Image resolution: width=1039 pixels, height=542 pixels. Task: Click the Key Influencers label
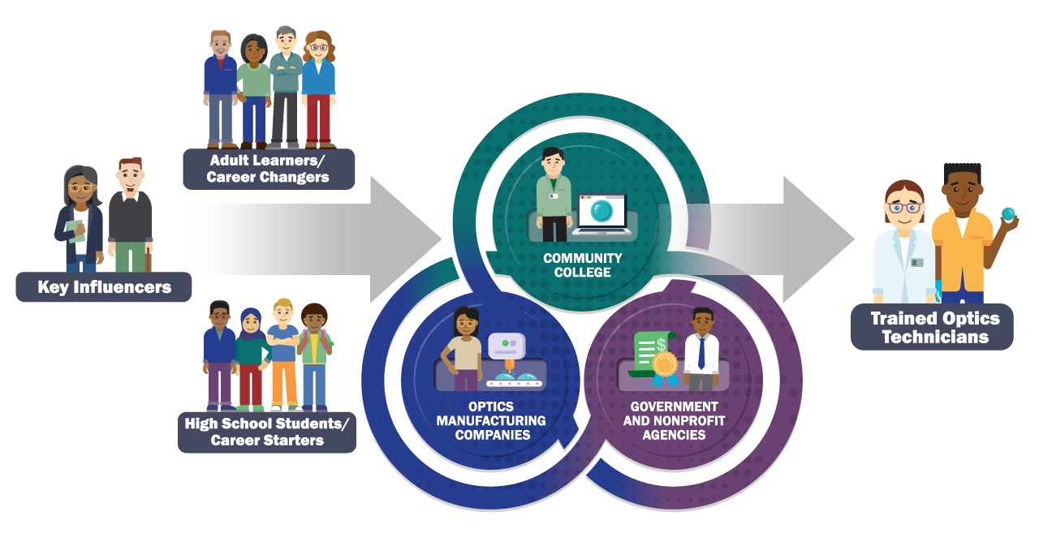pyautogui.click(x=104, y=287)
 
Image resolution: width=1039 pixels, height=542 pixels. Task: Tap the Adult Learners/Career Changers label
pyautogui.click(x=268, y=169)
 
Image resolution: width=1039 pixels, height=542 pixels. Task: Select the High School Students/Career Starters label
pyautogui.click(x=267, y=432)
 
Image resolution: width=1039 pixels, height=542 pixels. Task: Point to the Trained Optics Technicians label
pyautogui.click(x=932, y=328)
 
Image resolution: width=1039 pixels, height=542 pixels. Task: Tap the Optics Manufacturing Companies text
pyautogui.click(x=491, y=420)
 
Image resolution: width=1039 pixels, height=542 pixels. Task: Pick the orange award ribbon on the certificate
pyautogui.click(x=664, y=365)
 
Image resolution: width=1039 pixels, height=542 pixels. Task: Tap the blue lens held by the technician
pyautogui.click(x=1008, y=213)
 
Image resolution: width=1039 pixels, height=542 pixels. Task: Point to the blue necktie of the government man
pyautogui.click(x=701, y=353)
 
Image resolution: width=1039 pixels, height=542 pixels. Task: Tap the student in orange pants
pyautogui.click(x=283, y=357)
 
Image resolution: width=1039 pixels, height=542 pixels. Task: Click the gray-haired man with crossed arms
pyautogui.click(x=286, y=85)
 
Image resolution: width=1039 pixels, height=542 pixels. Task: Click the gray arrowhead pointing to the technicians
pyautogui.click(x=820, y=239)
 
